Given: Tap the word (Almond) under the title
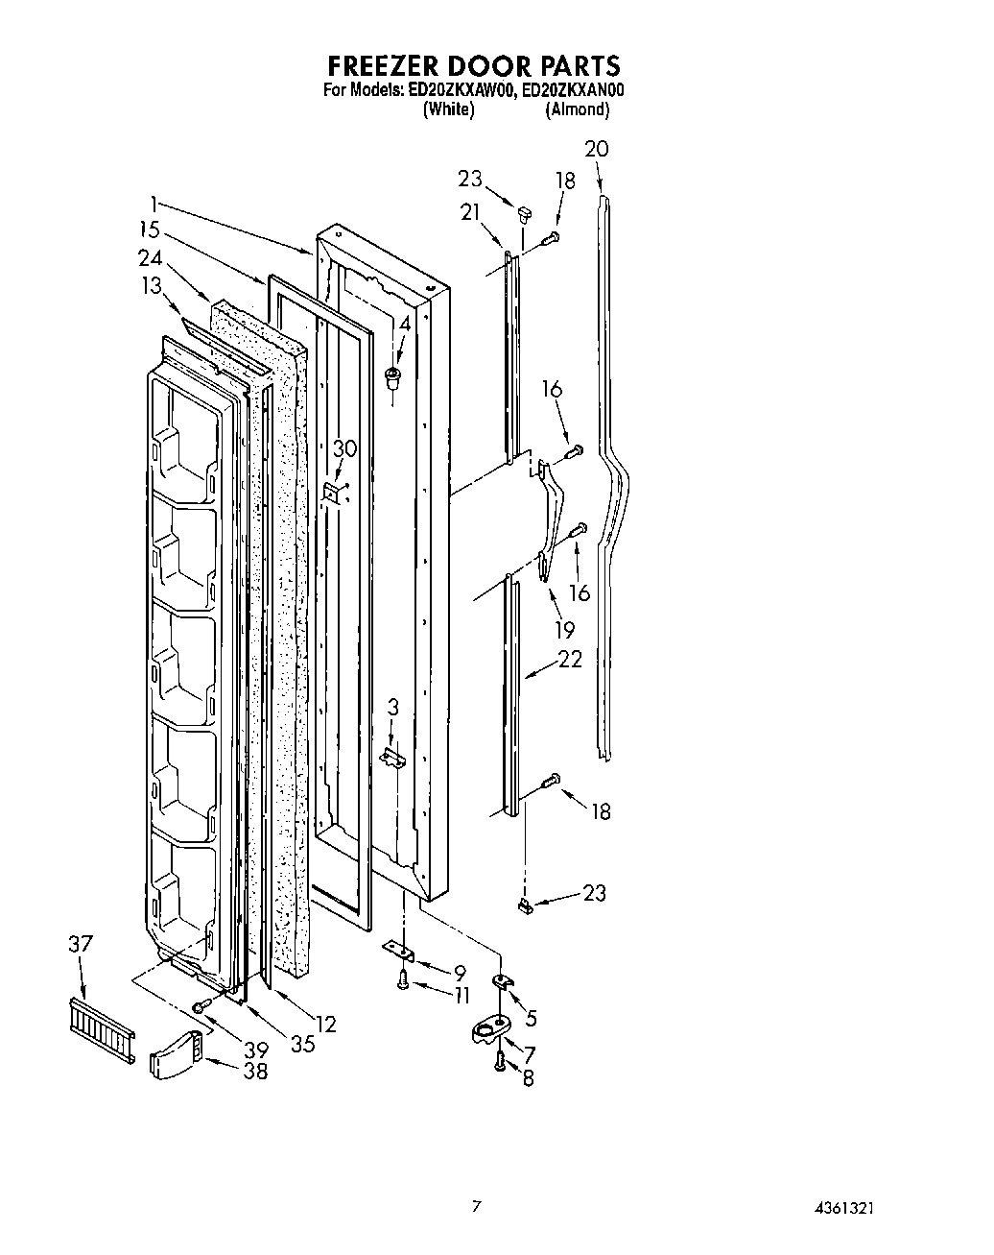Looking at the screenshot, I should click(x=577, y=109).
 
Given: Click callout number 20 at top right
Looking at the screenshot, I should click(x=596, y=149).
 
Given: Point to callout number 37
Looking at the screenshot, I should click(x=81, y=944).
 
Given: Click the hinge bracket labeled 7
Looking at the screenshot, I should click(x=491, y=1032).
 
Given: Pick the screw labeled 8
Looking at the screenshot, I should click(x=500, y=1061).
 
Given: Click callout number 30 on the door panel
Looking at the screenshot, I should click(x=343, y=448).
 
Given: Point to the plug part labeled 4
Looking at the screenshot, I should click(x=392, y=376).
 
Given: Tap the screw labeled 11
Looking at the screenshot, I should click(x=402, y=980).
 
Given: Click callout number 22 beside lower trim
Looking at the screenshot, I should click(x=570, y=661).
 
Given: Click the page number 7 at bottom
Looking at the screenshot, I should click(x=476, y=1206).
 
